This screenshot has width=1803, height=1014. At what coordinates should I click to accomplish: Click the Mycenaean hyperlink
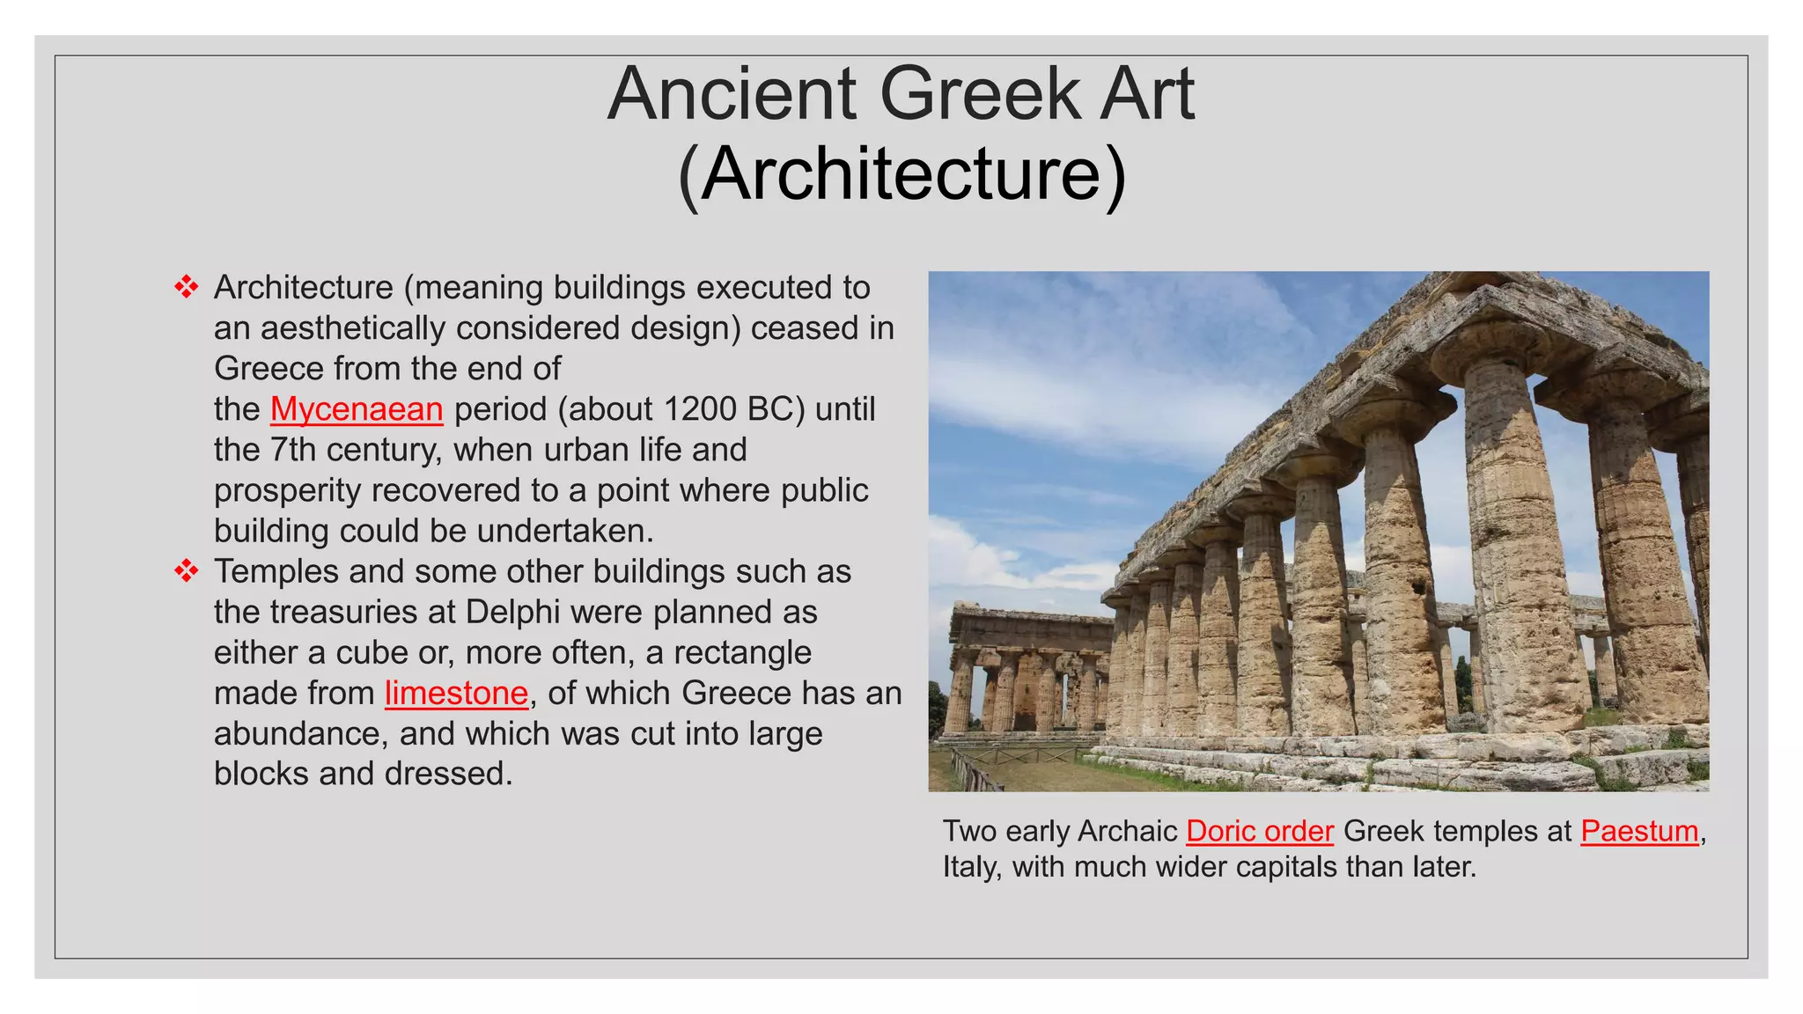point(357,409)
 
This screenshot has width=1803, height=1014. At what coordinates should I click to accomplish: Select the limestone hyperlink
point(456,694)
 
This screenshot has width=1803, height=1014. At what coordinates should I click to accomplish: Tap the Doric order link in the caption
point(1260,831)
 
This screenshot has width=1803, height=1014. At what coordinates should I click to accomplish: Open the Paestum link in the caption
point(1639,831)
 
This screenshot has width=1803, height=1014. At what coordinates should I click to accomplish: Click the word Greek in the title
point(979,94)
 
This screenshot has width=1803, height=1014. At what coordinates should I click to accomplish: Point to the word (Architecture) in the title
point(901,173)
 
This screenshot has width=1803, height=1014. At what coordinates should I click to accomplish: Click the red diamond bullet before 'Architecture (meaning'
point(186,287)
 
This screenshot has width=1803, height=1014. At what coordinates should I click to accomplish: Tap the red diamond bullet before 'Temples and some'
point(186,571)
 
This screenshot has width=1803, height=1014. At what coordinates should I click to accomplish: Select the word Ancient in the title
point(732,94)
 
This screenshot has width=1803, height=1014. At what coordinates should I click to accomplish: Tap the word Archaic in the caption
point(1127,831)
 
